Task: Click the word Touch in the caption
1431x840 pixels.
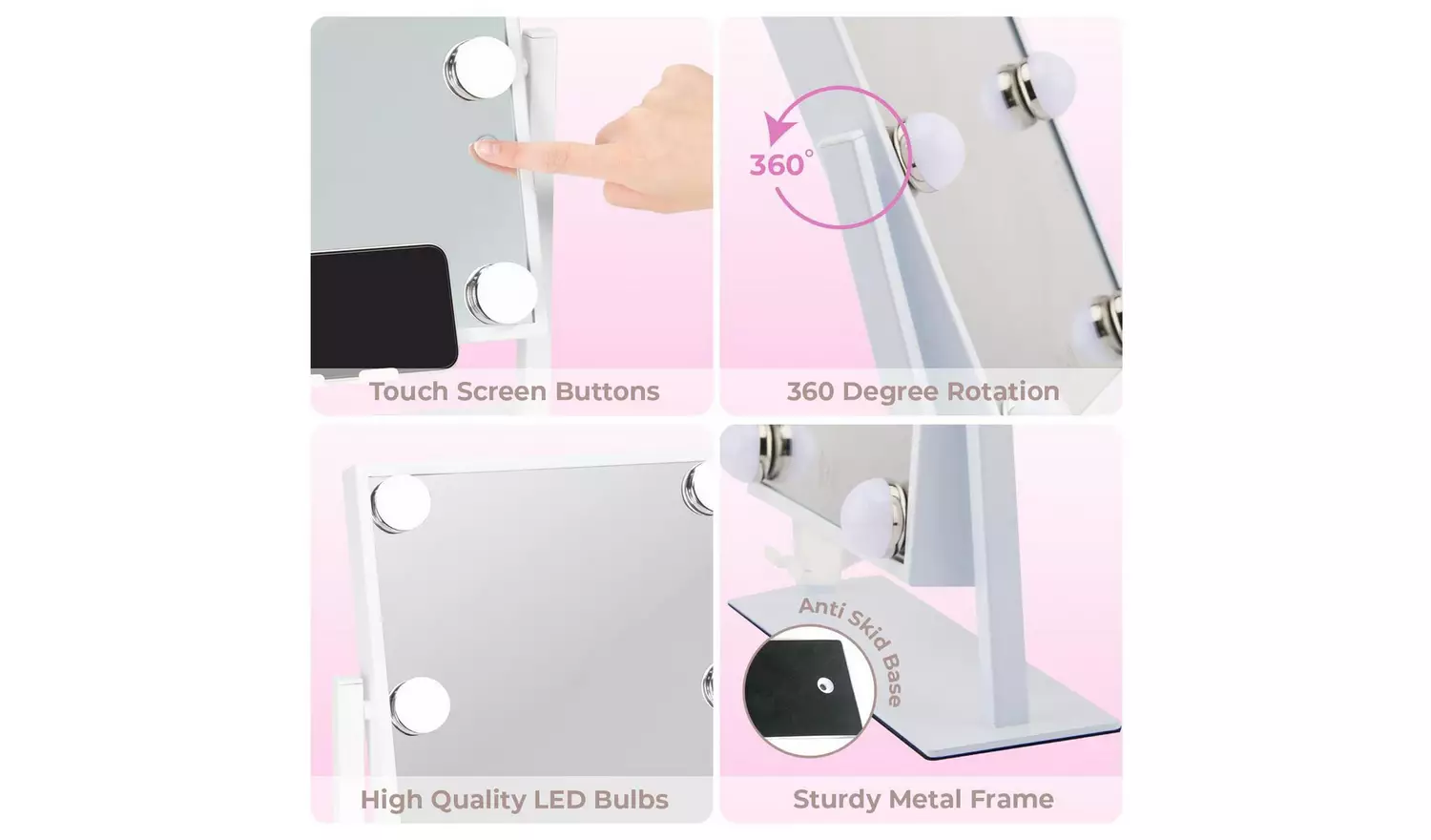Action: click(408, 391)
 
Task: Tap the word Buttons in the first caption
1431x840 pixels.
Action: click(607, 391)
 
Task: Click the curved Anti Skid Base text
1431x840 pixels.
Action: click(856, 644)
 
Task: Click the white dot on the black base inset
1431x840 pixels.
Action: click(825, 685)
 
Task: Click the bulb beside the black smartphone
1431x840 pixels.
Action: click(501, 292)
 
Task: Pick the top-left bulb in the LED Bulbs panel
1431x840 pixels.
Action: click(401, 502)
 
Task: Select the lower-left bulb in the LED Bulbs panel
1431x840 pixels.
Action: click(419, 705)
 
